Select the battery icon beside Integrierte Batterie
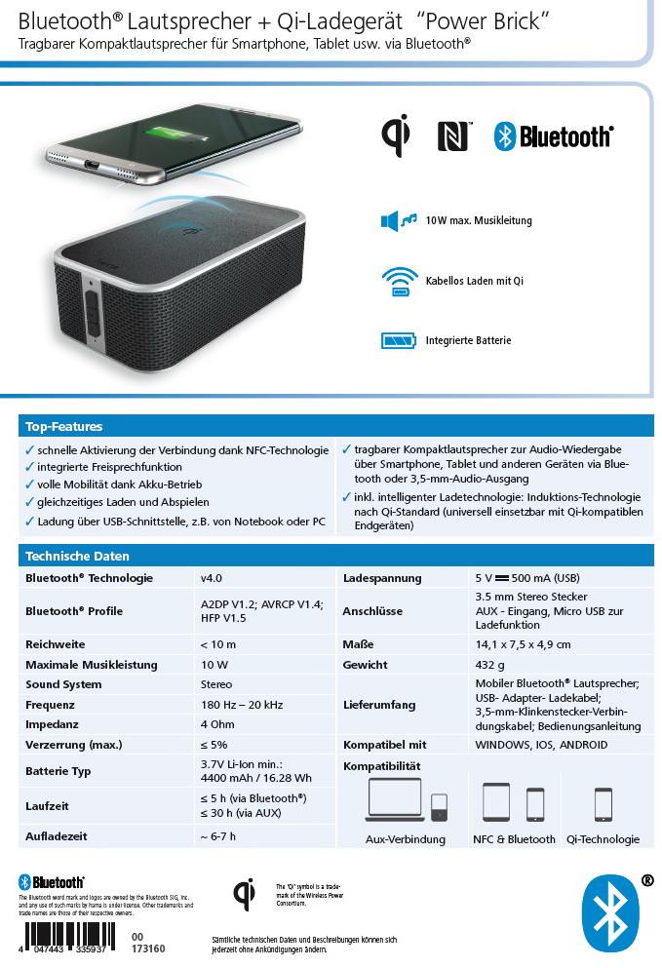[399, 340]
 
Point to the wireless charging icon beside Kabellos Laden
[399, 281]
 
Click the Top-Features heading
[64, 426]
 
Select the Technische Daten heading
[77, 557]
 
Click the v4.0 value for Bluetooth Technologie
[212, 578]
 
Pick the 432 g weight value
[488, 665]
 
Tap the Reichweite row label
[56, 644]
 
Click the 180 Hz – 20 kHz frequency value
[242, 705]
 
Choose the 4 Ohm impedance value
[216, 724]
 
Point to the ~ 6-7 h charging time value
[218, 836]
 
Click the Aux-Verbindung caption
[405, 839]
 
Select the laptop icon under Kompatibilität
[395, 802]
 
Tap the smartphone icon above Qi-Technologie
[603, 804]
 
